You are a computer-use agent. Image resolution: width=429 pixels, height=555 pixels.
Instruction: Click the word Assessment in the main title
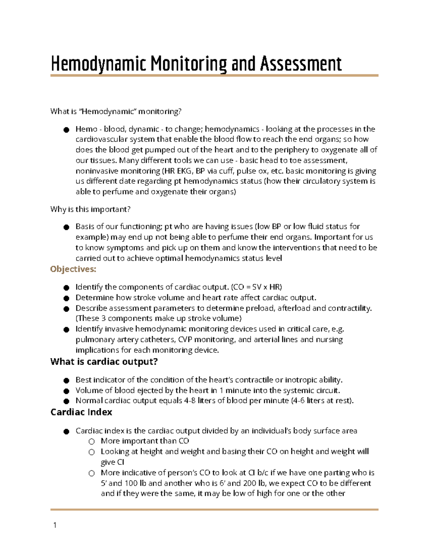pos(301,64)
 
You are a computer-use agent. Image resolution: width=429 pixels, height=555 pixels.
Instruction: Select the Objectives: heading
pos(73,269)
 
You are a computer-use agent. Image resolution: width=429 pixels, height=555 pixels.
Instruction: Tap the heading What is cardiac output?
pos(104,362)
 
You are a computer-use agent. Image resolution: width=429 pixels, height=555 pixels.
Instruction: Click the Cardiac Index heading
pos(81,412)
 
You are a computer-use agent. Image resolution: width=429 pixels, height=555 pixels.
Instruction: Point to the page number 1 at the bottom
pos(55,525)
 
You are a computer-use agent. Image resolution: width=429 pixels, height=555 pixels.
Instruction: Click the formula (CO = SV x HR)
pos(256,287)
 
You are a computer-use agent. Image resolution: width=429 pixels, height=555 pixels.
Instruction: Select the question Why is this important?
pos(90,209)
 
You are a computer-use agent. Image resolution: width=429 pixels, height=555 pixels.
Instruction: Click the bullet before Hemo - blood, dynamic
pos(66,130)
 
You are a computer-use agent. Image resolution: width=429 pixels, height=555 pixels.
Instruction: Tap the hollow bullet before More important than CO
pos(92,441)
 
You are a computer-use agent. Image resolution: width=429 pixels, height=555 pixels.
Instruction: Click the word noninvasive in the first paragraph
pos(97,171)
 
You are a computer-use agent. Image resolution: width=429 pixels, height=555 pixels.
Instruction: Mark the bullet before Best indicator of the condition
pos(66,380)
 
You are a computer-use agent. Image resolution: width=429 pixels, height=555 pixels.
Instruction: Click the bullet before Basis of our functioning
pos(66,227)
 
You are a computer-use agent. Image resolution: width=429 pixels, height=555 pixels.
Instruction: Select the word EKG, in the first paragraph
pos(184,171)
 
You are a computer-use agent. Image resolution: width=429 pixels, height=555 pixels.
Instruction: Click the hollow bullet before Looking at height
pos(92,452)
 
